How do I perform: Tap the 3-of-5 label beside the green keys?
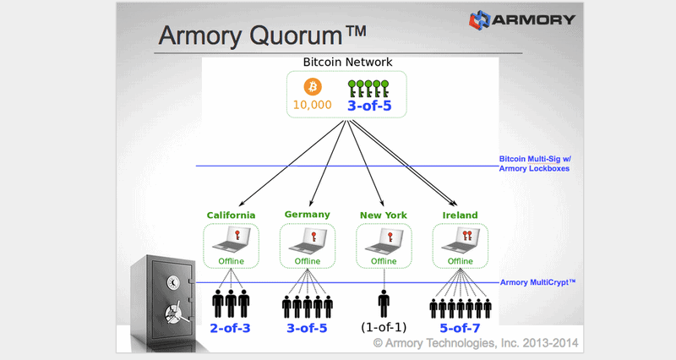(369, 107)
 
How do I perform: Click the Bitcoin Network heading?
(346, 63)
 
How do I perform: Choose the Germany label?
(307, 214)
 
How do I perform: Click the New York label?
(383, 215)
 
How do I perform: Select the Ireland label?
(460, 215)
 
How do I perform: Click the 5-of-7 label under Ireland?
(460, 327)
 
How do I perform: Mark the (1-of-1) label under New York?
(384, 327)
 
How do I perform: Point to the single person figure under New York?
(384, 302)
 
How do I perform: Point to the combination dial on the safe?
(172, 282)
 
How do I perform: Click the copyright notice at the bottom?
(469, 343)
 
